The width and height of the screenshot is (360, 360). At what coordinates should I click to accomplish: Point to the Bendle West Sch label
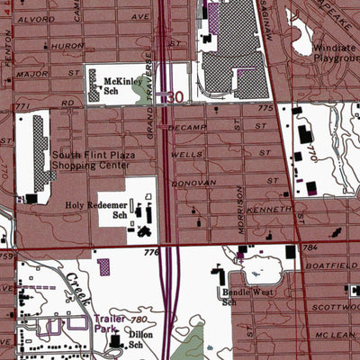coord(241,297)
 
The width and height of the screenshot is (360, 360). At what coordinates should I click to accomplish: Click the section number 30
coord(176,95)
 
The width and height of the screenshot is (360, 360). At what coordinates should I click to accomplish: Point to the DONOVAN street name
coord(200,181)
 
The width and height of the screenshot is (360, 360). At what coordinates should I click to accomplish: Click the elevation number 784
coord(310,247)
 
